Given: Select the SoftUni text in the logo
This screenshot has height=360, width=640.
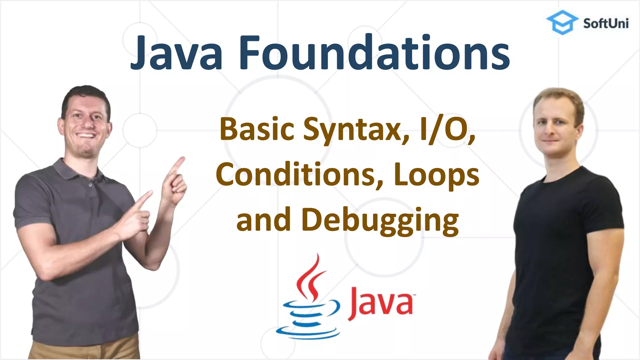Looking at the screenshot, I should [x=606, y=24].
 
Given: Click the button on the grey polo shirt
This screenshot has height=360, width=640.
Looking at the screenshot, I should [x=90, y=185].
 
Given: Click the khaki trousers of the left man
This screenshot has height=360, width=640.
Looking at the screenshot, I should [x=84, y=348].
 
